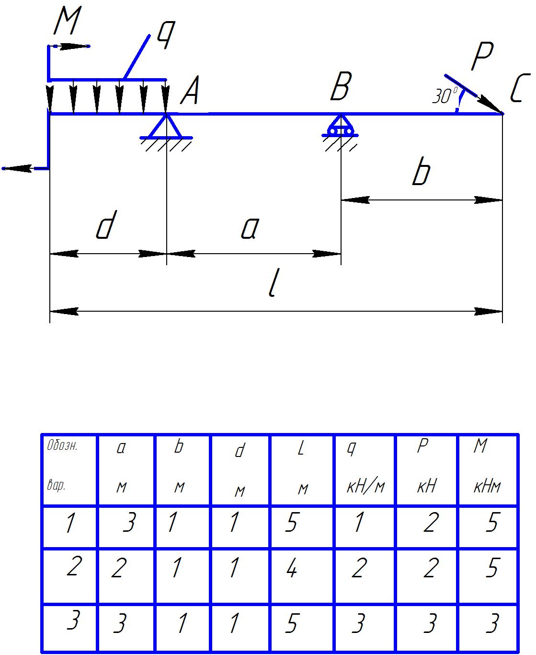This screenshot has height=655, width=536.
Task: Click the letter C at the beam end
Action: click(520, 89)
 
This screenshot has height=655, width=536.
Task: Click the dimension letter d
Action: click(106, 226)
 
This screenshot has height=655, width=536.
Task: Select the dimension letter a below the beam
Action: click(250, 228)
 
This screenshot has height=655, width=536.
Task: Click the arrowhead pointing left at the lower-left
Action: click(14, 168)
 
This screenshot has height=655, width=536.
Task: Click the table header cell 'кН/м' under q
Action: click(365, 487)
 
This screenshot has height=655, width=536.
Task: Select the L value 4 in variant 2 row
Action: click(292, 569)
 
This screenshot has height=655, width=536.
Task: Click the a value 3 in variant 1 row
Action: click(128, 523)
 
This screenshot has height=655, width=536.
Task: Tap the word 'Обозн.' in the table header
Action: click(62, 446)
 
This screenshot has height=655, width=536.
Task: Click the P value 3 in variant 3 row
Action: click(430, 624)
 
